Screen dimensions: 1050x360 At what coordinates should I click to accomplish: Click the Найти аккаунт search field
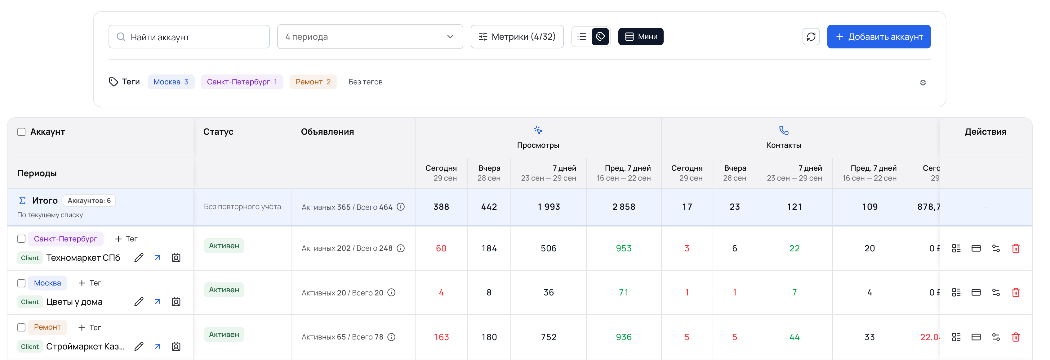point(189,37)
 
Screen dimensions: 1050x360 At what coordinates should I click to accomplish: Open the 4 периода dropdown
point(370,37)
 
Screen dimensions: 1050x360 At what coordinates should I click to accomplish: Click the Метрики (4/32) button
point(517,37)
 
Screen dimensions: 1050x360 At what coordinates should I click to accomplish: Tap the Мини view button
point(640,37)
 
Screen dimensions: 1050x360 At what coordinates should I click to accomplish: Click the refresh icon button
point(811,37)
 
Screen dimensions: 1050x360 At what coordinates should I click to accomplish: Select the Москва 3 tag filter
point(171,82)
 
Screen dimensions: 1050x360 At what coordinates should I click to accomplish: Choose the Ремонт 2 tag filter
point(313,82)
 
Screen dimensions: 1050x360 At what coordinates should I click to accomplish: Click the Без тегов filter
point(366,82)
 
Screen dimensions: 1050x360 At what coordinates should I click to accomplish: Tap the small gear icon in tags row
point(923,83)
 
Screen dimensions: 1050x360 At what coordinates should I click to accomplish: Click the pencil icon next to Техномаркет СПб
point(139,258)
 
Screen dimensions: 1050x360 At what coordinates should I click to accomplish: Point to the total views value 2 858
point(624,207)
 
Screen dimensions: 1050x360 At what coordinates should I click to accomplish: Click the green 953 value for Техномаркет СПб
point(624,249)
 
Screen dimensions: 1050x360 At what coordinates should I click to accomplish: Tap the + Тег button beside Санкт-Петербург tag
point(126,239)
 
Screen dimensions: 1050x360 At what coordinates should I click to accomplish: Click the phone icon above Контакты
point(783,130)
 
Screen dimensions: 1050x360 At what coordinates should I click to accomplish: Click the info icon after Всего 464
point(401,207)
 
